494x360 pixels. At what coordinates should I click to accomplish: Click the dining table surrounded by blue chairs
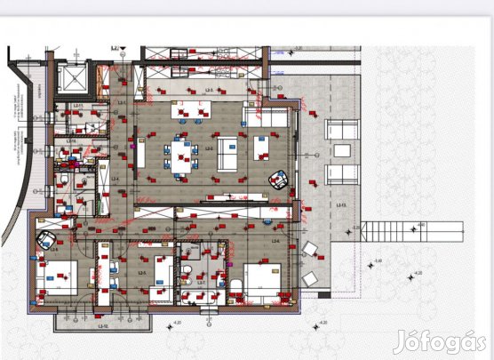click(x=181, y=156)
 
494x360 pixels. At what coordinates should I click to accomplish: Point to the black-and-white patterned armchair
click(x=279, y=180)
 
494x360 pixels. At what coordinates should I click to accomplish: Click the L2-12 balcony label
click(x=78, y=325)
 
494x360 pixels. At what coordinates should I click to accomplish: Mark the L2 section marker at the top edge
click(x=116, y=50)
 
